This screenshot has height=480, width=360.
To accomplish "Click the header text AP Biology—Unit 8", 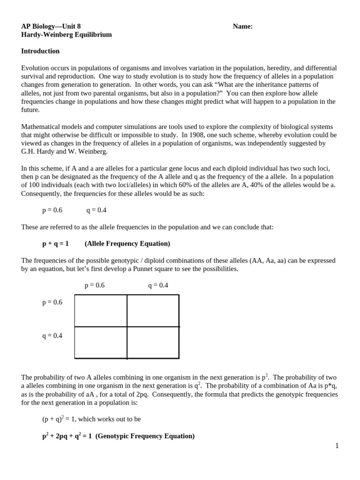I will click(54, 26).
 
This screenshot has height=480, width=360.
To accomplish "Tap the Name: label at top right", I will click(243, 26).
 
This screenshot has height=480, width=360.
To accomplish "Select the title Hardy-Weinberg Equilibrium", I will click(67, 35).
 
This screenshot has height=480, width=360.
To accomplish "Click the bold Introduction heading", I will click(40, 51).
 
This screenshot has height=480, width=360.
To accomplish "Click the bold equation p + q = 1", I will click(55, 244).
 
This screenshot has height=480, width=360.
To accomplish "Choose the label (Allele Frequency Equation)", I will click(127, 244).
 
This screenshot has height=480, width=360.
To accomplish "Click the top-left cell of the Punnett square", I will click(101, 310).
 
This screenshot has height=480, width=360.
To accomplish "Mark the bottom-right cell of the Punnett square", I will click(153, 342).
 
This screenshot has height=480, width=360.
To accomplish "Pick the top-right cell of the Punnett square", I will click(153, 310).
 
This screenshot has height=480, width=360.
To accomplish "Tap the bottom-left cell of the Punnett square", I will click(101, 342).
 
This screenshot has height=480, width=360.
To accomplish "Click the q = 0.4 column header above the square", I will click(158, 285).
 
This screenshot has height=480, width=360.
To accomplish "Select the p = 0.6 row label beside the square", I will click(52, 302).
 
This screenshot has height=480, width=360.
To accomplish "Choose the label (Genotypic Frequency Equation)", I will click(145, 436).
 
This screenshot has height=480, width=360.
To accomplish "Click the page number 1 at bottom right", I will click(337, 446).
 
